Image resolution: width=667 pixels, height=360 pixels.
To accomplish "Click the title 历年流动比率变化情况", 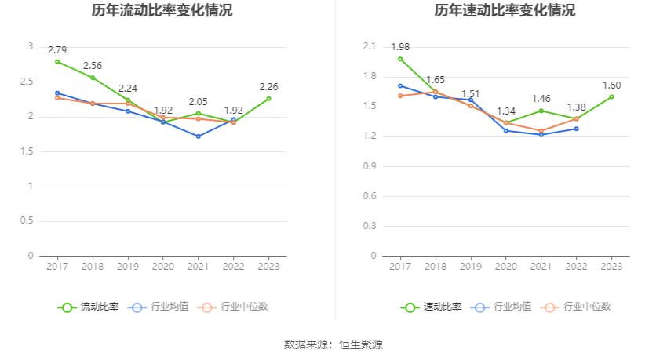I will pos(162,11).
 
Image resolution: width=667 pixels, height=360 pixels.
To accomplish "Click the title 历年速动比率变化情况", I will pos(505,11).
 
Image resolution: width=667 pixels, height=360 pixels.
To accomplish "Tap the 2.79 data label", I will pos(57,49).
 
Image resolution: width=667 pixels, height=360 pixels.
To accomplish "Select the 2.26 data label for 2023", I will pos(269,87).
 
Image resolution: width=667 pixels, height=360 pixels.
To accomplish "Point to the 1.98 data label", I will pos(400,47).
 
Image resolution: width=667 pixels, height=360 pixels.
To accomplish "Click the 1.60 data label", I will pos(612,85).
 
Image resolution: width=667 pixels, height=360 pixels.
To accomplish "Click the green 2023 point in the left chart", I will pos(269,98).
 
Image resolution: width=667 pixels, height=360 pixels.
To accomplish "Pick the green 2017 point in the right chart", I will pos(400,59).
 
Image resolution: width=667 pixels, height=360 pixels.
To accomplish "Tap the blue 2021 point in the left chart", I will pos(199,136).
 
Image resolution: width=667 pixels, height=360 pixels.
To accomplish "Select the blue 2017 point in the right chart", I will pos(400,85).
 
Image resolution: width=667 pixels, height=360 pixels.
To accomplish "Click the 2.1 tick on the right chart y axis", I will pos(370,47).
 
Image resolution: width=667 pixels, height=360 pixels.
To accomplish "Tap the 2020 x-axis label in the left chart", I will pos(163,267).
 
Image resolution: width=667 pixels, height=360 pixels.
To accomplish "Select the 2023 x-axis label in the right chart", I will pos(612,267).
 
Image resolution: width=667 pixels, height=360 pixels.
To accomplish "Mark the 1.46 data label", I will pos(541,99).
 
